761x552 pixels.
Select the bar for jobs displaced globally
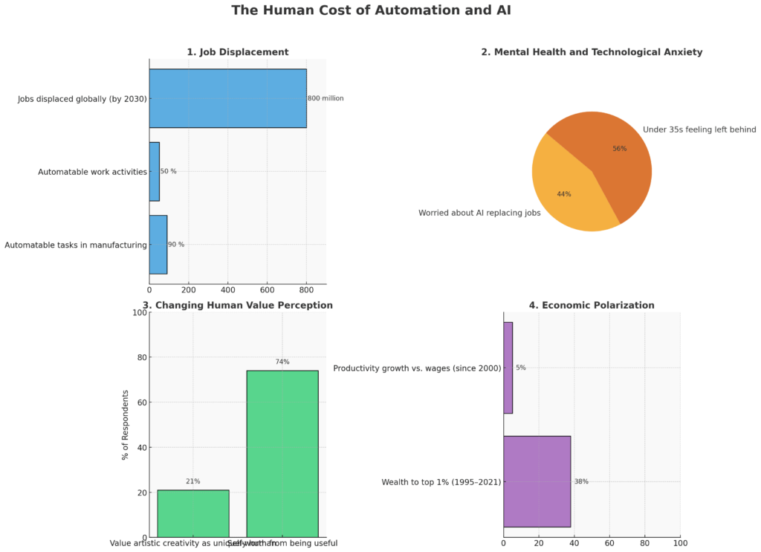click(x=227, y=98)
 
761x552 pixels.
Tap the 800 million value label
click(x=326, y=98)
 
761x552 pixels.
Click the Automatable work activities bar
click(x=154, y=171)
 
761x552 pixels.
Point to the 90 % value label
click(x=176, y=244)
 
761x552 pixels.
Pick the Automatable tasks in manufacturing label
click(x=75, y=245)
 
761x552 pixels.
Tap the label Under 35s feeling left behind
click(x=699, y=129)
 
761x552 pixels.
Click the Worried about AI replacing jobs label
click(x=479, y=213)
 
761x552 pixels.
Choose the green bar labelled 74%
click(x=282, y=454)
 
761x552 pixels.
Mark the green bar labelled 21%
click(x=193, y=513)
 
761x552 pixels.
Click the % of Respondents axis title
click(x=125, y=425)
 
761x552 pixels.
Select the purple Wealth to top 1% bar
click(x=537, y=481)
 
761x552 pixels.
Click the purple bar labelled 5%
click(x=508, y=368)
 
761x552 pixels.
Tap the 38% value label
click(x=581, y=481)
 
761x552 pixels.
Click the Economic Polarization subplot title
click(x=592, y=305)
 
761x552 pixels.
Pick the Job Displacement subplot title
click(x=237, y=52)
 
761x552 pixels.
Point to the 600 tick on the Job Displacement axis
click(x=267, y=289)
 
